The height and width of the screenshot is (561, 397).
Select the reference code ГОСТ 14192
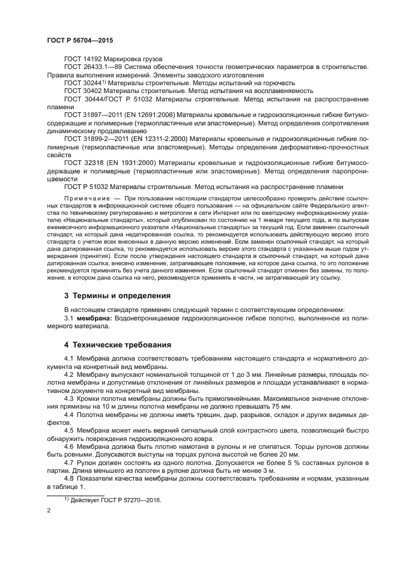point(83,59)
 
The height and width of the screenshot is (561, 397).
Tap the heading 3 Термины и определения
point(117,296)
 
